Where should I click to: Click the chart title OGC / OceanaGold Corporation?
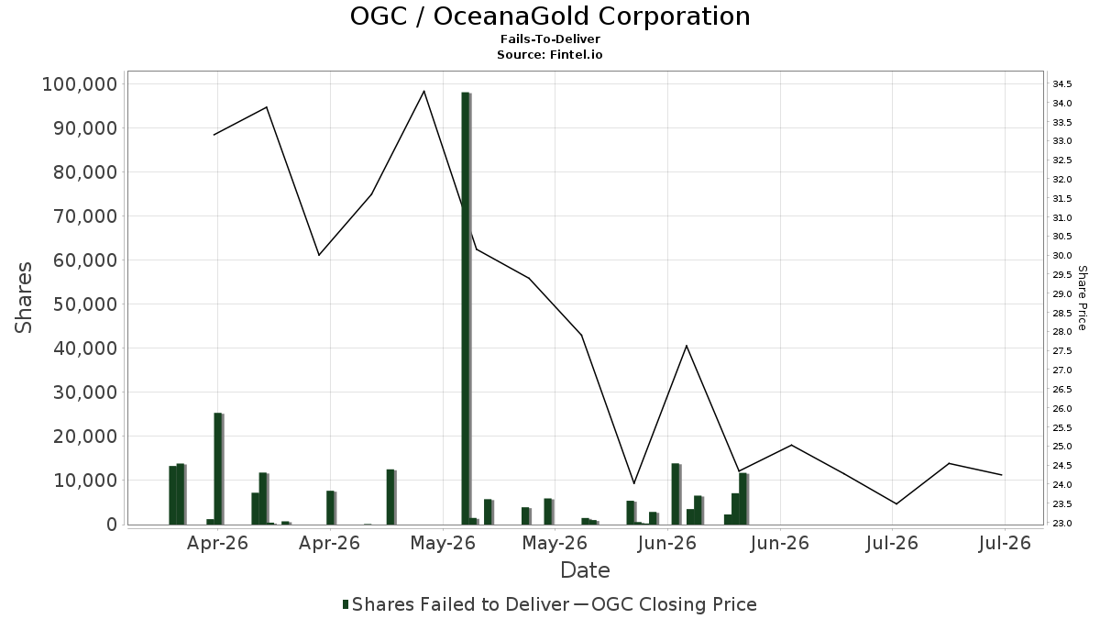pyautogui.click(x=550, y=17)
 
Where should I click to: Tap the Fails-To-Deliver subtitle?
pyautogui.click(x=550, y=39)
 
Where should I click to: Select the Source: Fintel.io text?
pyautogui.click(x=549, y=54)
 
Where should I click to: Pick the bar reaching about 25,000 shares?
pyautogui.click(x=218, y=469)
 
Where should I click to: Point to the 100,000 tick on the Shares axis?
pyautogui.click(x=80, y=84)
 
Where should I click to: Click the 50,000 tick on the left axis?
pyautogui.click(x=85, y=304)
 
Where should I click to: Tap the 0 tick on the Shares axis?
pyautogui.click(x=113, y=525)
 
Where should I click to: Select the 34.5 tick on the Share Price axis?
pyautogui.click(x=1061, y=84)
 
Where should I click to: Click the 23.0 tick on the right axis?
pyautogui.click(x=1061, y=524)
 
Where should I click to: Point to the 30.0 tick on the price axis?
pyautogui.click(x=1061, y=256)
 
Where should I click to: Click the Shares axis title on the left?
pyautogui.click(x=23, y=298)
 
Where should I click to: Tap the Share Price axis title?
pyautogui.click(x=1082, y=298)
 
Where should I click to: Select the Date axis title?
pyautogui.click(x=585, y=570)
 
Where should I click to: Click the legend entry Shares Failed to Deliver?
pyautogui.click(x=456, y=604)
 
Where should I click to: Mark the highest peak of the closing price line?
pyautogui.click(x=423, y=91)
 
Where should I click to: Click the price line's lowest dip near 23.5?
pyautogui.click(x=896, y=503)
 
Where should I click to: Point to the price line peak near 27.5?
pyautogui.click(x=687, y=346)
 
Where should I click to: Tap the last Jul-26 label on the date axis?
pyautogui.click(x=1005, y=543)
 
